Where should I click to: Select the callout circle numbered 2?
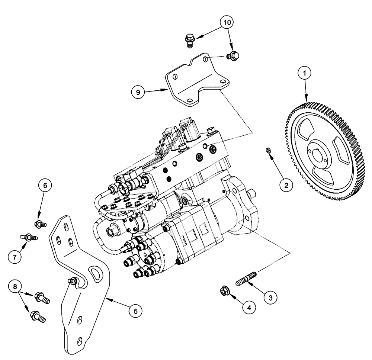286,184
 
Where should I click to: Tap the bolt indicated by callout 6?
39,224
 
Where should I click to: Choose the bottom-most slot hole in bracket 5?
80,341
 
